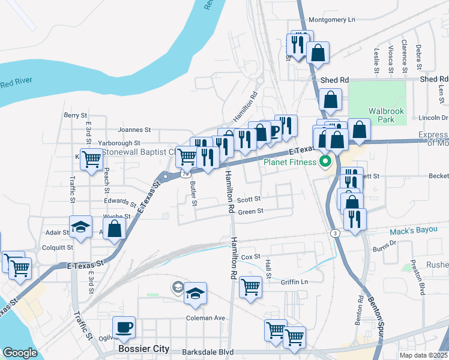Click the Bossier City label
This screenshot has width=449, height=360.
point(143,349)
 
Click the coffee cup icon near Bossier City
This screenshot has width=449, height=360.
point(124,328)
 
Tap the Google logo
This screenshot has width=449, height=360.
point(20,353)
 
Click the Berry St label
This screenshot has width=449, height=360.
point(76,115)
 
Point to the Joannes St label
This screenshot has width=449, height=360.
point(134,130)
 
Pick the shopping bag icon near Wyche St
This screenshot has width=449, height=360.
point(115,229)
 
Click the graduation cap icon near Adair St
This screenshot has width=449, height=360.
point(80,227)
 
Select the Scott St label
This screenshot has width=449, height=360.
point(249,199)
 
